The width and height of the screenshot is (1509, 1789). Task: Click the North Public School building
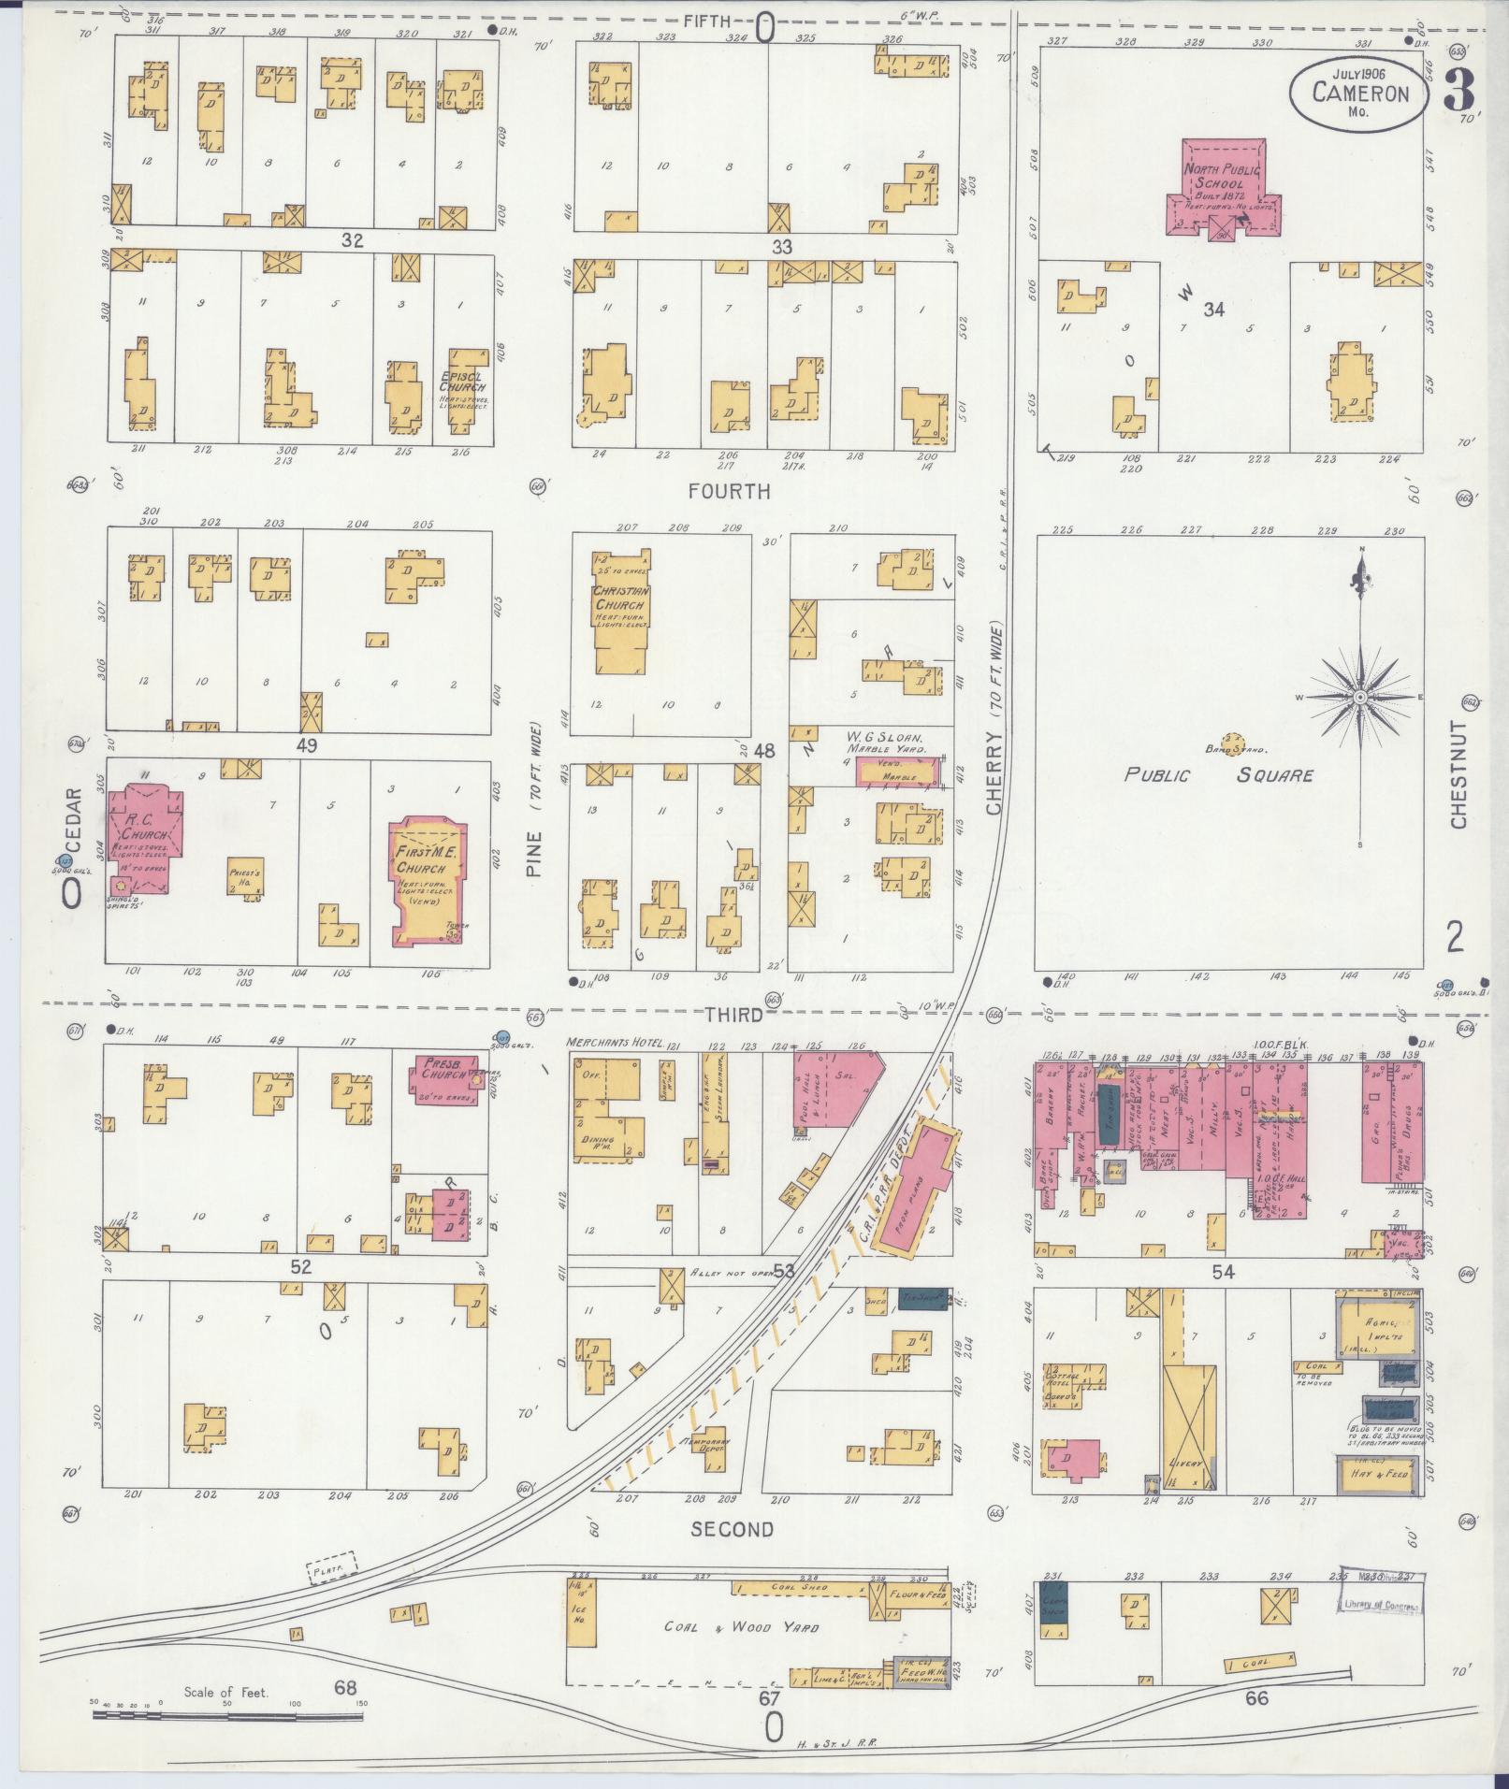(1223, 187)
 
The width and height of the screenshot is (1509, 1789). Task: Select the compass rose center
(1360, 698)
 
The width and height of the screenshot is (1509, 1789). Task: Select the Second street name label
(733, 1530)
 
